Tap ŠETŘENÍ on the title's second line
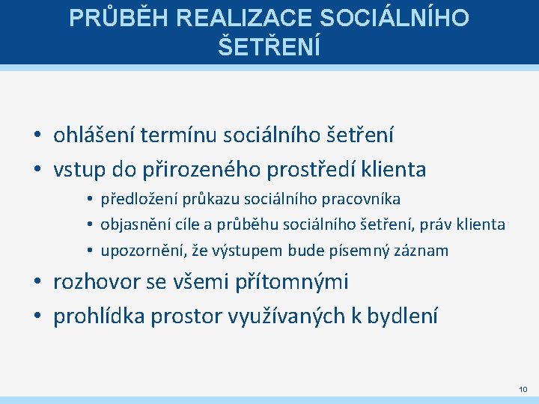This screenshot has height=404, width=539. point(269,46)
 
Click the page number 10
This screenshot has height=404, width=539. point(522,389)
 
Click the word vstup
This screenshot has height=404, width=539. point(82,170)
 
